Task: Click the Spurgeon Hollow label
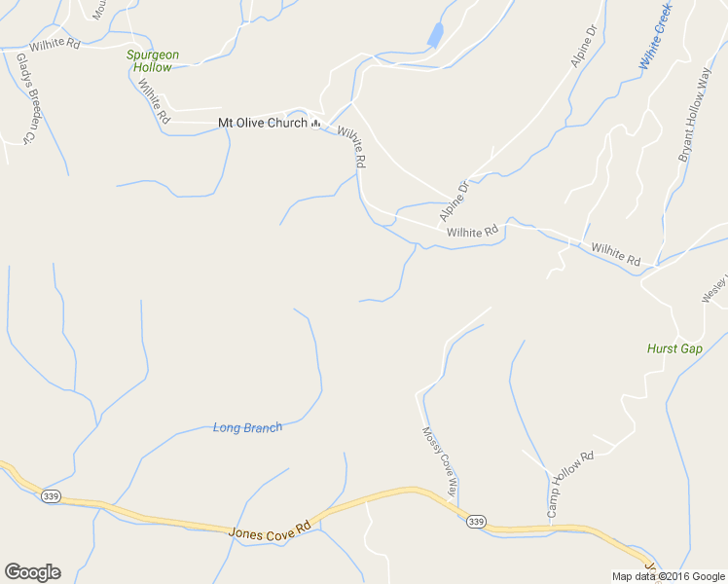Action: click(x=153, y=61)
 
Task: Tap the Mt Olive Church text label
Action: click(x=260, y=124)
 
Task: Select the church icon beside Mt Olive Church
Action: click(x=316, y=124)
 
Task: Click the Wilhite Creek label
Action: click(x=656, y=36)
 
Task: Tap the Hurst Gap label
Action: click(x=674, y=348)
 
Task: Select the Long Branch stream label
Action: click(x=247, y=427)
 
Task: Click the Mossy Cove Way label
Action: click(x=438, y=461)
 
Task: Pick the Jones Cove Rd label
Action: click(x=270, y=529)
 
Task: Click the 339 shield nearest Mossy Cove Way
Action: click(x=475, y=522)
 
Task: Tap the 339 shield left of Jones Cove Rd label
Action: click(x=51, y=496)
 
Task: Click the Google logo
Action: click(x=32, y=572)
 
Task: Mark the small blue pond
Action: click(x=435, y=36)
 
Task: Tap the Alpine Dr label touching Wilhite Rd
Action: click(x=454, y=200)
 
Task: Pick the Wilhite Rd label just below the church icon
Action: click(x=351, y=147)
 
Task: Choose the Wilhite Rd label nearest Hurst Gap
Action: click(x=616, y=255)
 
